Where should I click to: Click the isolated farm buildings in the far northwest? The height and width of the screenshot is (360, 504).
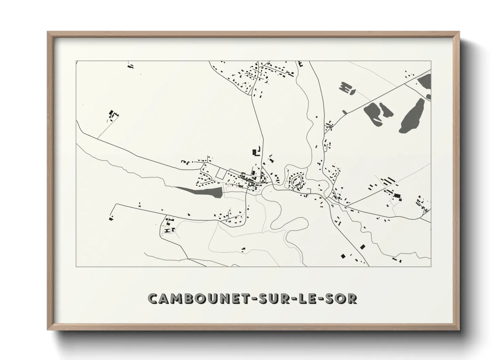tap(112, 115)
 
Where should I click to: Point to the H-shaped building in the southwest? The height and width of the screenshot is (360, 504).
tap(167, 230)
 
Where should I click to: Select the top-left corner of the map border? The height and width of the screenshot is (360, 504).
tap(76, 61)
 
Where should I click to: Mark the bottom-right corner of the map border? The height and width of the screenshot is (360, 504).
tap(431, 266)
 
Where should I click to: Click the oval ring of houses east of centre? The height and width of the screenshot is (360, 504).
tap(295, 181)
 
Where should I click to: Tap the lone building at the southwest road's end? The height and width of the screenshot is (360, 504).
tap(111, 218)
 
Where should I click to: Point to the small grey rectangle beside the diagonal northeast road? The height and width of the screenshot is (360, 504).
tap(345, 112)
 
